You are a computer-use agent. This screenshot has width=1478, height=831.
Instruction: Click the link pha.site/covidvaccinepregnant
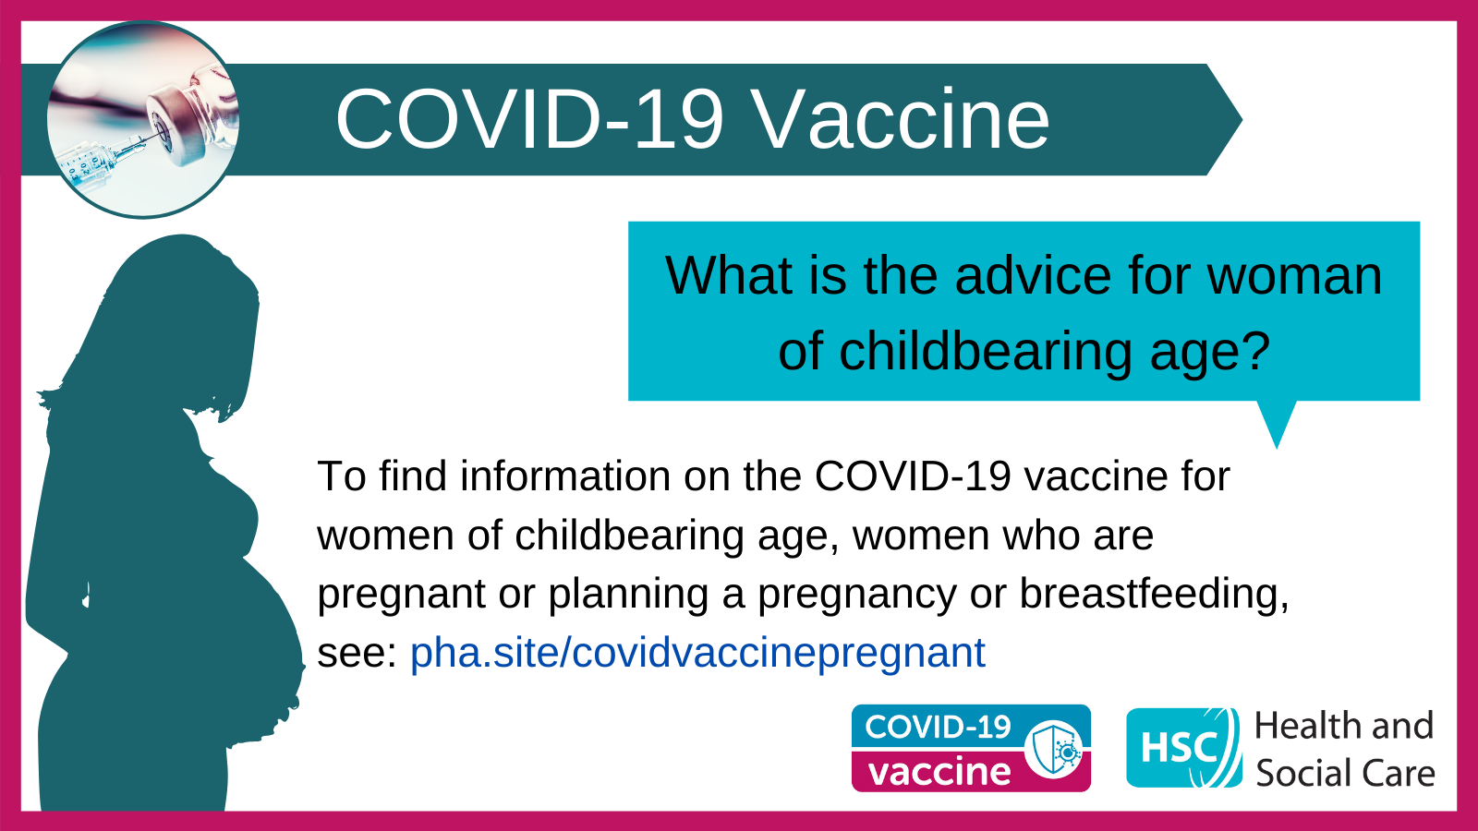[x=697, y=653]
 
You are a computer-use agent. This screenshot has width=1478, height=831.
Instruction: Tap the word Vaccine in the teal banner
[x=901, y=120]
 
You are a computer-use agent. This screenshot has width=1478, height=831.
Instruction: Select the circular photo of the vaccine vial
[x=142, y=120]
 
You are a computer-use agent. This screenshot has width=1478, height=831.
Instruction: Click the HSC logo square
[x=1183, y=748]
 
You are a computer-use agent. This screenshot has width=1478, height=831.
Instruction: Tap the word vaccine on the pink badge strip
[x=939, y=771]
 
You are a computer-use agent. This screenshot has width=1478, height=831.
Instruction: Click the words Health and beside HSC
[x=1344, y=726]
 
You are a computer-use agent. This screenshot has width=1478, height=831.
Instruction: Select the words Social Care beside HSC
[x=1345, y=773]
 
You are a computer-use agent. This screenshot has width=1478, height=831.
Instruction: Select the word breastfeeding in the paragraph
[x=1154, y=594]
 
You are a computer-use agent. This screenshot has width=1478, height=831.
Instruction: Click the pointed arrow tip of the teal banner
[x=1241, y=119]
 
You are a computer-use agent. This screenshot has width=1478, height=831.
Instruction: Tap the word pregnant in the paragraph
[x=402, y=595]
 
